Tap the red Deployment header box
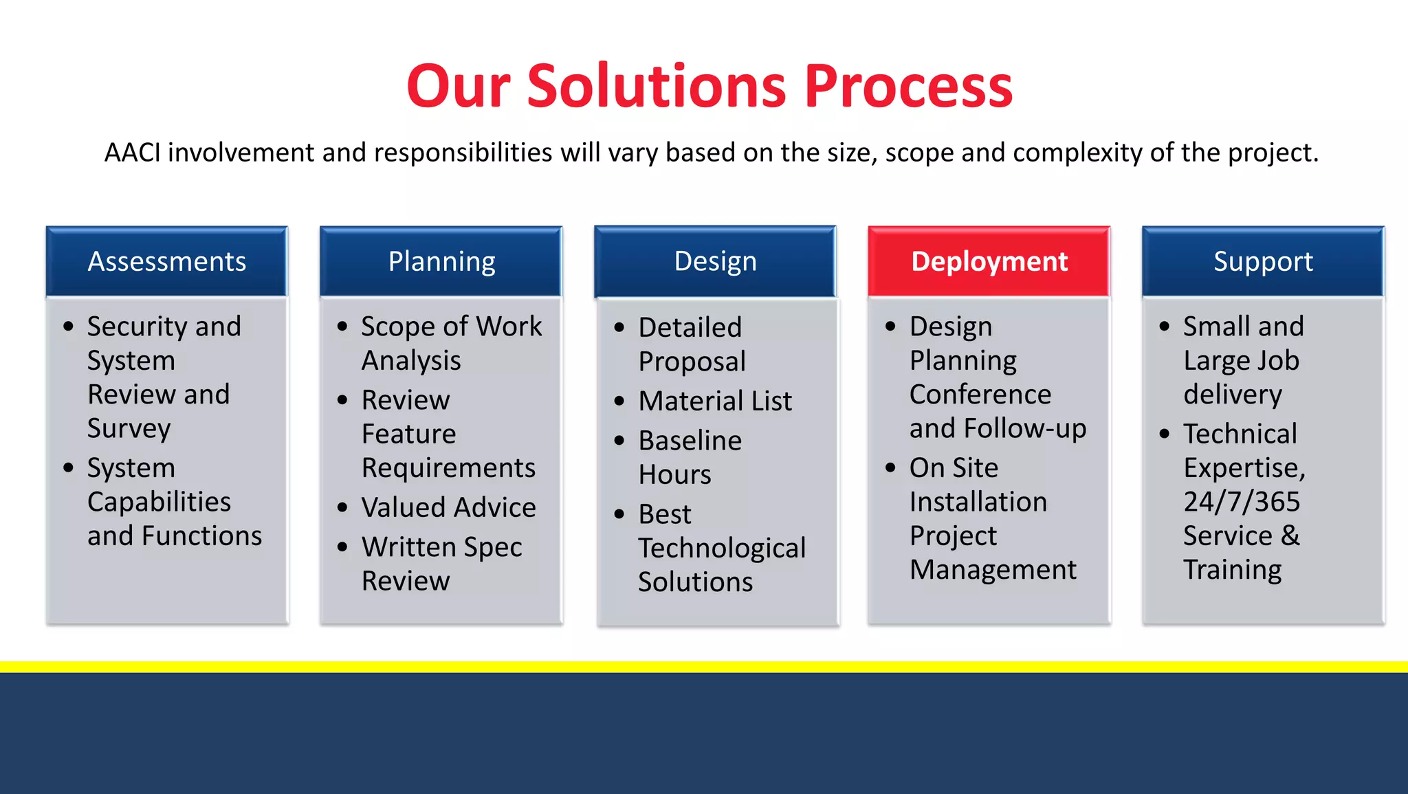coord(989,261)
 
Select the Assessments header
coord(166,261)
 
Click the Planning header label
coord(441,261)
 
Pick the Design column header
coord(715,261)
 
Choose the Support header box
coord(1263,261)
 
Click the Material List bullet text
coord(715,401)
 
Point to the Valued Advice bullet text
coord(448,507)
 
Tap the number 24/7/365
coord(1242,502)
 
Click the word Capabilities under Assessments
coord(159,502)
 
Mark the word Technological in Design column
coord(722,548)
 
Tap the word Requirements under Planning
coord(448,468)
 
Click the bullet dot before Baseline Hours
coord(619,441)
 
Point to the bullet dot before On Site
coord(891,468)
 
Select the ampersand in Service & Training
coord(1290,536)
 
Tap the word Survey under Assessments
coord(129,429)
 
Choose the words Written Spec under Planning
coord(441,547)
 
